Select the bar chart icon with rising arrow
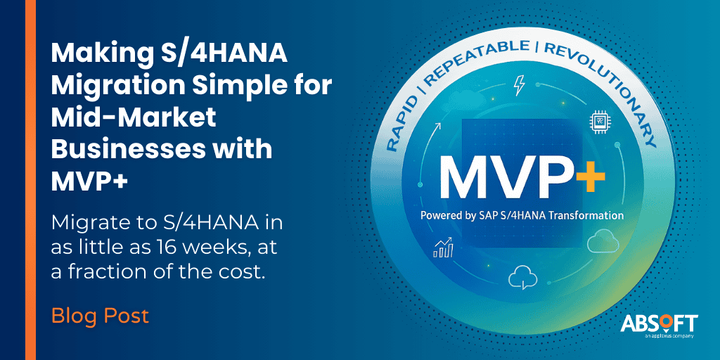click(x=444, y=247)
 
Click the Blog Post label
click(x=100, y=316)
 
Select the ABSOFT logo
click(x=659, y=324)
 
